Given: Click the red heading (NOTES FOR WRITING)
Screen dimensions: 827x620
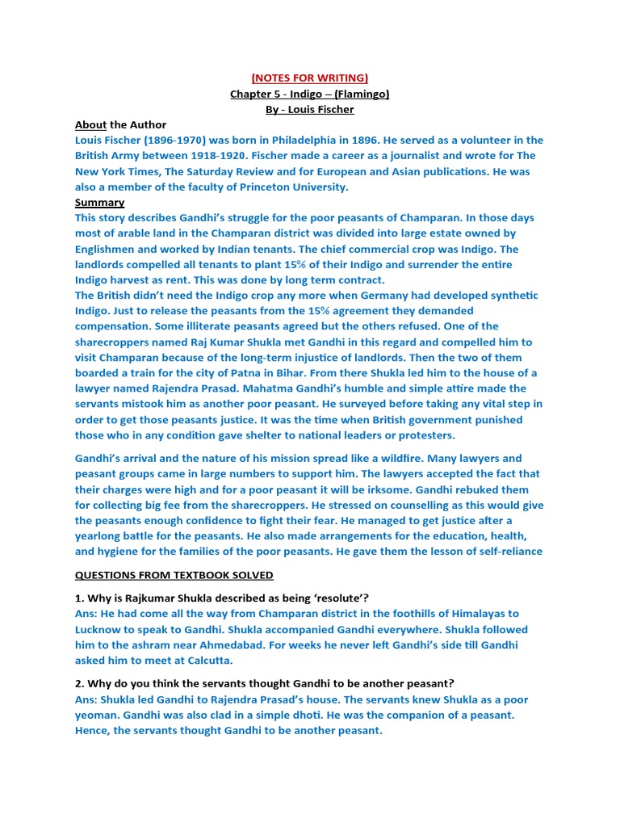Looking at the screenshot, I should [x=309, y=78].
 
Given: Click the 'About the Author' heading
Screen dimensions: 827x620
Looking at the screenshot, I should [x=120, y=124].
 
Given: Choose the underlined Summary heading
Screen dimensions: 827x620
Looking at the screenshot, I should [x=99, y=202].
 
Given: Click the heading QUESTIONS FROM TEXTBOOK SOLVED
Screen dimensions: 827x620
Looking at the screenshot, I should [x=174, y=575].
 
